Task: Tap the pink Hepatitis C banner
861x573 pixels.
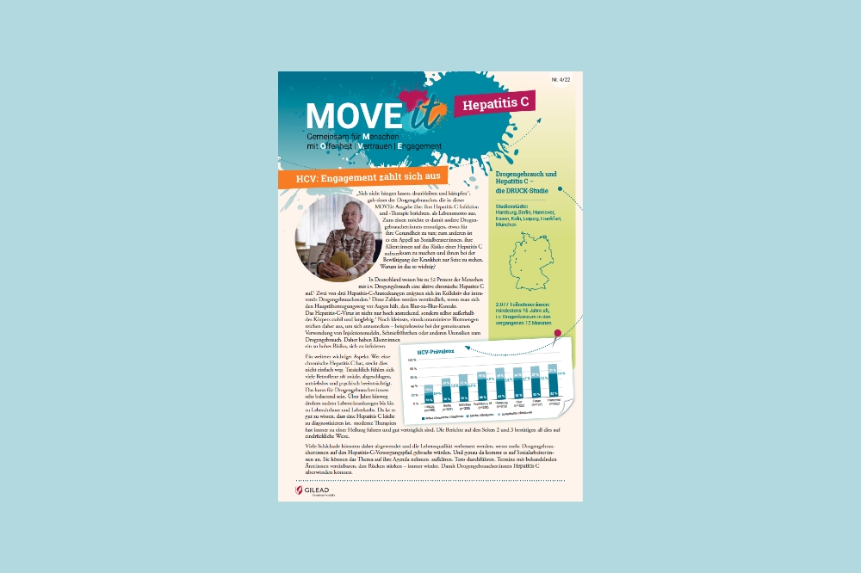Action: (495, 104)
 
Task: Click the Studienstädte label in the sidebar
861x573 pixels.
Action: (517, 206)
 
